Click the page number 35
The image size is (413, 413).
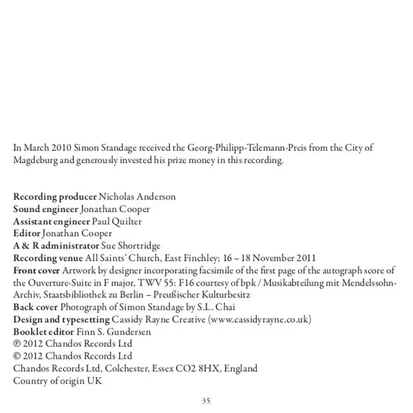tap(206, 401)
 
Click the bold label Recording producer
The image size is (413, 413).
tap(55, 196)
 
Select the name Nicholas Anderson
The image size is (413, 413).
tap(137, 196)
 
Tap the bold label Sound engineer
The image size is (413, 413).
tap(45, 209)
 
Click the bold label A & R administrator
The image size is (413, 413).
tap(56, 246)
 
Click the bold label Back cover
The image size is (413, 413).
tap(36, 307)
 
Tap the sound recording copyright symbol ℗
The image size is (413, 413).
tap(18, 344)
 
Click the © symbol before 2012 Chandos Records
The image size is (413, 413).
tap(18, 357)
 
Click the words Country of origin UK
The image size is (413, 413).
tap(57, 381)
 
